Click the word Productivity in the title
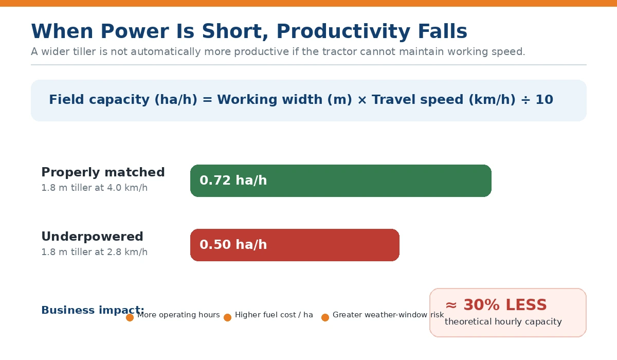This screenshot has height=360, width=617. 343,32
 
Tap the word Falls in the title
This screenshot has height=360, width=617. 443,31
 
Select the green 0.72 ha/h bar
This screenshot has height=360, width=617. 341,181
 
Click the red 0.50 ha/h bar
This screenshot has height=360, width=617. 295,245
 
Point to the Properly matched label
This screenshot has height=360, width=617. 103,172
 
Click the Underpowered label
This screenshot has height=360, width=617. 92,237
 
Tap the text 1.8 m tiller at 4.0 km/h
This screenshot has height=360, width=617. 95,188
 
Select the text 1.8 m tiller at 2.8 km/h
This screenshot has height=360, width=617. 95,252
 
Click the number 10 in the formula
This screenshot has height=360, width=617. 545,100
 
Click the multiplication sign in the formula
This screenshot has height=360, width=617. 362,100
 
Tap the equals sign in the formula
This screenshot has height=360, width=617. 207,100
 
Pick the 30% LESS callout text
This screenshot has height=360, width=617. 496,305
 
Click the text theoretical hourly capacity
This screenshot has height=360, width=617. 503,322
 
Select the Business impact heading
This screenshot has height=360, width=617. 93,310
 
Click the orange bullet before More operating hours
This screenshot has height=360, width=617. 130,318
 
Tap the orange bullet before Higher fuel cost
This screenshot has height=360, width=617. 227,318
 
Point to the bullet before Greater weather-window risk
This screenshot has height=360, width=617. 325,318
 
